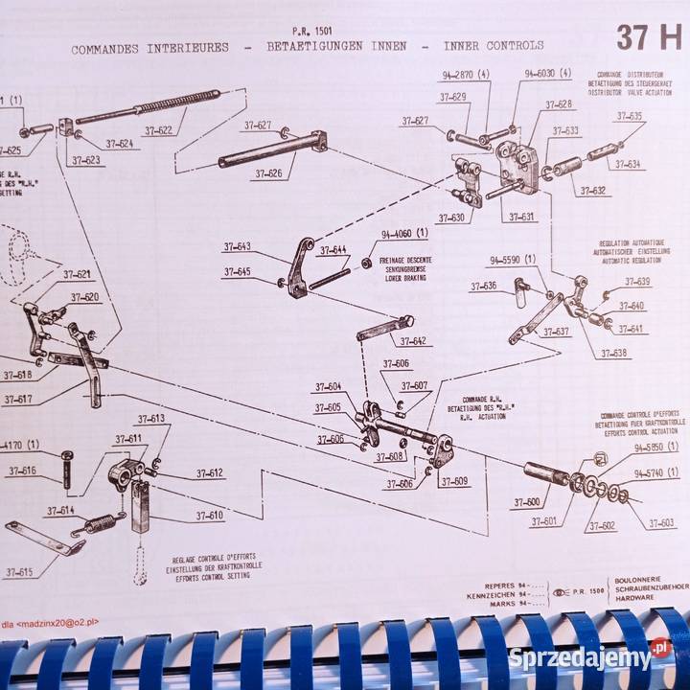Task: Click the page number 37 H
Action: coord(648,37)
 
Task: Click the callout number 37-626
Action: coord(268,174)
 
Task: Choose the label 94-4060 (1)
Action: coord(404,233)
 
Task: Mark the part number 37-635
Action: coord(630,116)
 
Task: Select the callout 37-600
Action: coord(526,502)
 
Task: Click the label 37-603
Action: coord(661,523)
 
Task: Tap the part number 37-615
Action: coord(17,573)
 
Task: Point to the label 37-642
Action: coord(413,341)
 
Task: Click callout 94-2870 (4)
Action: coord(466,74)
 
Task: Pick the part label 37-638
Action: coord(614,354)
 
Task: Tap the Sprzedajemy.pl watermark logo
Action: coord(588,658)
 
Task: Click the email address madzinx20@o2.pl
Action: coord(57,621)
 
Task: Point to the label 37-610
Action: coord(210,516)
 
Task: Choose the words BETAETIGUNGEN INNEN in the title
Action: coord(334,45)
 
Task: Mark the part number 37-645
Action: coord(237,272)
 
